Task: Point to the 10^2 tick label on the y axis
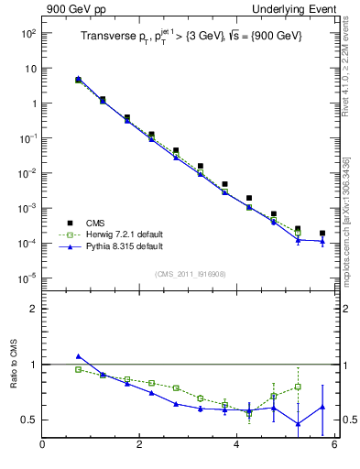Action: pos(27,33)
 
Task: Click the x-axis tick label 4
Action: pos(237,445)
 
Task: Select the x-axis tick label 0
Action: pos(42,445)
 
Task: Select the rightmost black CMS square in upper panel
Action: pos(322,234)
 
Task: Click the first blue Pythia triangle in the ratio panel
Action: pos(78,356)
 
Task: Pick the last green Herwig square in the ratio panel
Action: pos(298,387)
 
